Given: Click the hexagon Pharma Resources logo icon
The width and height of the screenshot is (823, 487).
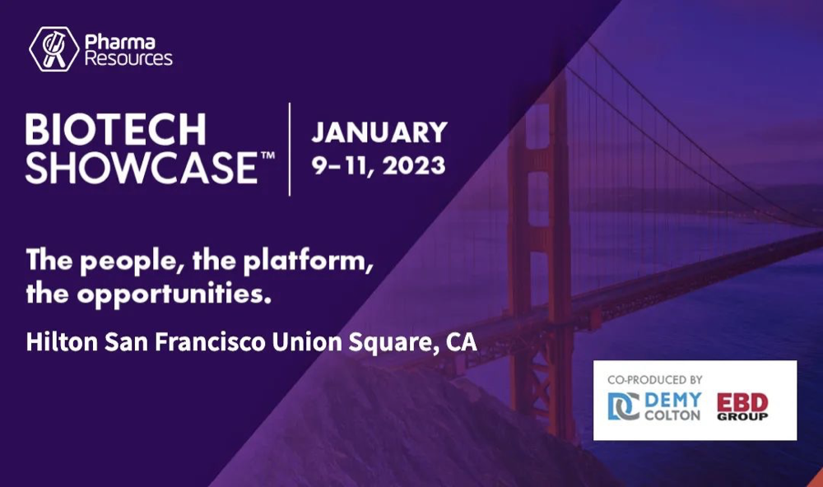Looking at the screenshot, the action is [53, 49].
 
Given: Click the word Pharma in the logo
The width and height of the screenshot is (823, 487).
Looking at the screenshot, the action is [119, 41].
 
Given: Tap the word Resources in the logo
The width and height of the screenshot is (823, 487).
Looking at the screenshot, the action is [128, 58].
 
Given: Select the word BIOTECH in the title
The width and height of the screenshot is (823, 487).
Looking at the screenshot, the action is [115, 129].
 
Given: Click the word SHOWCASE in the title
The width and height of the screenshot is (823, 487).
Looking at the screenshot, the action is [142, 168].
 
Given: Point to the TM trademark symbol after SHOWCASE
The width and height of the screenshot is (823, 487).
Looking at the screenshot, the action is [267, 155].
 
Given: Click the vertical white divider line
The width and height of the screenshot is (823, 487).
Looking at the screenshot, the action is [290, 150].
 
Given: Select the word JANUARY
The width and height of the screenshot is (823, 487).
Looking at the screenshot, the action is [379, 132].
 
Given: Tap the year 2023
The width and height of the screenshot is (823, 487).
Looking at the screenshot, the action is [414, 166].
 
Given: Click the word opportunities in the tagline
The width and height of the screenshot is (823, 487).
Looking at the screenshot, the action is [174, 295].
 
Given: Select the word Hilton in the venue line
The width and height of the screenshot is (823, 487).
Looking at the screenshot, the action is [62, 342].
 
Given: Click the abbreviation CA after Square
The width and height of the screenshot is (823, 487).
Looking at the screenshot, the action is [462, 342].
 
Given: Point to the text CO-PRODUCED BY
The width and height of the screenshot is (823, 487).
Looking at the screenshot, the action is [654, 379].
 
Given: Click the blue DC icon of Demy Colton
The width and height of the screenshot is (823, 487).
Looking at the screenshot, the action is [624, 406].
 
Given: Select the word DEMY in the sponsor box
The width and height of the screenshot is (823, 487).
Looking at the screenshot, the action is [672, 400].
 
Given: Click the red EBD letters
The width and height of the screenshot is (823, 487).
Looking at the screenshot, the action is [742, 403].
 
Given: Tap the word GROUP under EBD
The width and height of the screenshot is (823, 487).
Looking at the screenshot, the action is [742, 417].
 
